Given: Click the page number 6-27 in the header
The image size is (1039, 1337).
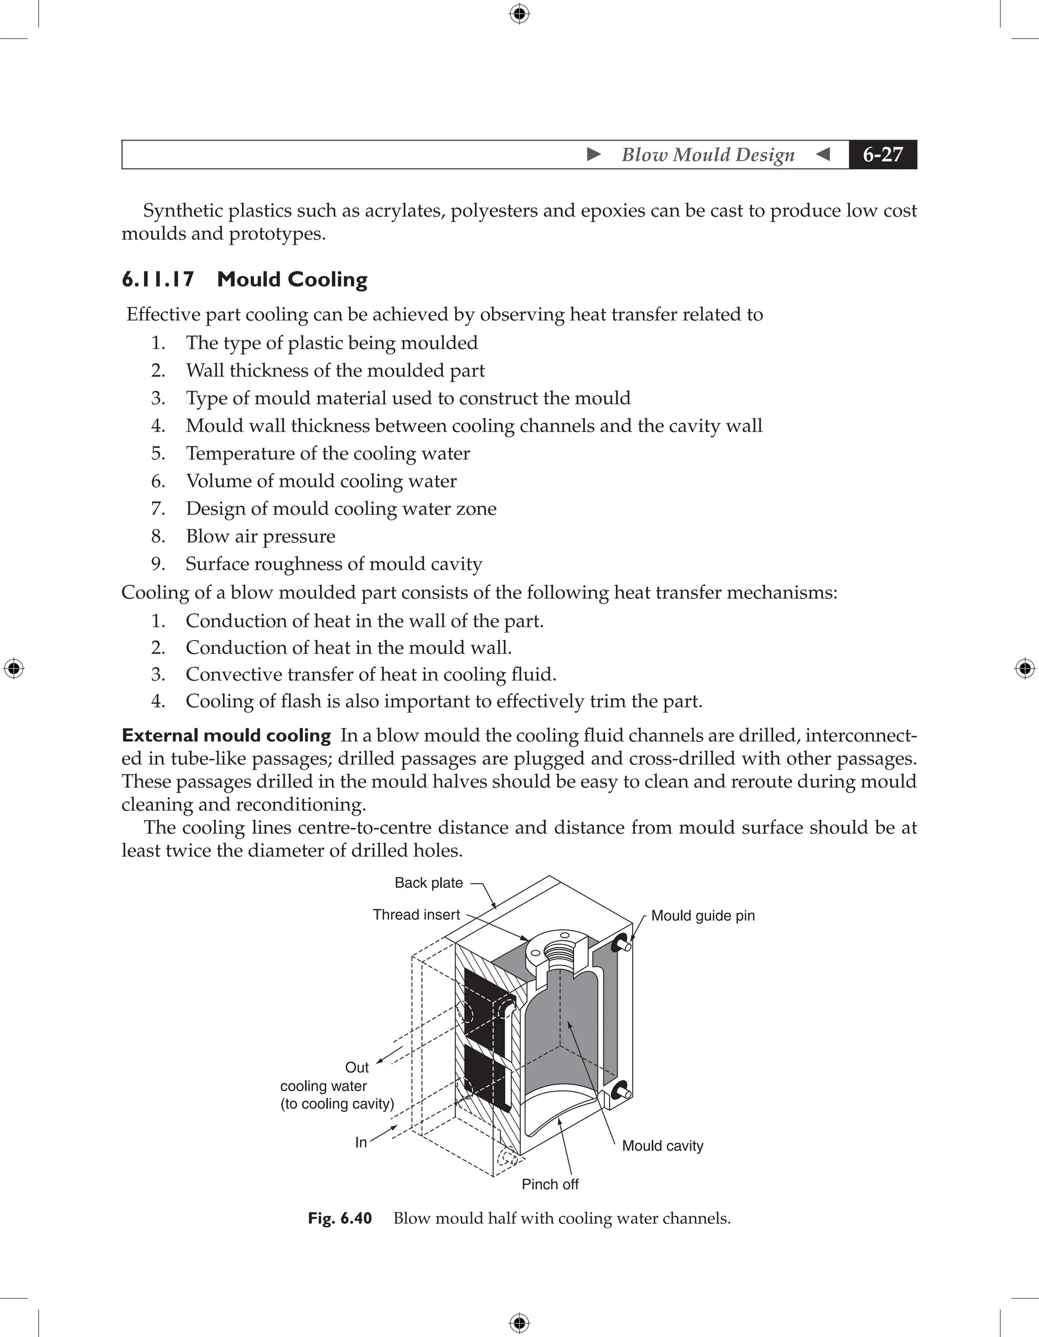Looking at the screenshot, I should (x=882, y=154).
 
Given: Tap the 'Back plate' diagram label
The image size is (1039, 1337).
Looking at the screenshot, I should (x=428, y=883).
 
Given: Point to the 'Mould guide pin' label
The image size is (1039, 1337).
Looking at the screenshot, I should (x=702, y=916).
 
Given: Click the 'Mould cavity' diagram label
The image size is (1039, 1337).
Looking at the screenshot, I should (x=662, y=1146).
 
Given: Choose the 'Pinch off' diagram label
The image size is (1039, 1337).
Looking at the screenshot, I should (x=549, y=1184).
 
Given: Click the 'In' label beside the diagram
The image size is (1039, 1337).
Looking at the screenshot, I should (x=361, y=1142).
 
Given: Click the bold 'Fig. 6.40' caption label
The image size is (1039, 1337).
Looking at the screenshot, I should (x=340, y=1218).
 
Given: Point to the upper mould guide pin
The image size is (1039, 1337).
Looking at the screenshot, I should (x=624, y=944).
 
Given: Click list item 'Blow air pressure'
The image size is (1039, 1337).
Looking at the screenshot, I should (x=260, y=536).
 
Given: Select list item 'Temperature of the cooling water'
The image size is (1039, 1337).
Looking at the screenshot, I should (x=328, y=453).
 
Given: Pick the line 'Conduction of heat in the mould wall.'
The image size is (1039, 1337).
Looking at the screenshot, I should (x=349, y=648).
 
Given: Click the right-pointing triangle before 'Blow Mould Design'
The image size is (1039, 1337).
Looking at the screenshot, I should (x=593, y=154).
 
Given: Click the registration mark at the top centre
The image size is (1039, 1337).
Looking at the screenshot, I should (x=519, y=14).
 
